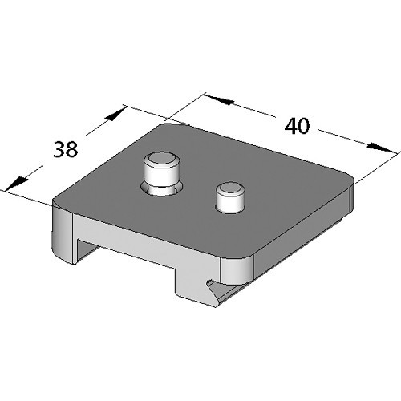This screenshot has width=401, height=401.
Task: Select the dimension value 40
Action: [297, 128]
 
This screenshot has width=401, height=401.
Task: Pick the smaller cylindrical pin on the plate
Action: [230, 197]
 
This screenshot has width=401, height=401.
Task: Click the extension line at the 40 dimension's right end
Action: [377, 164]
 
